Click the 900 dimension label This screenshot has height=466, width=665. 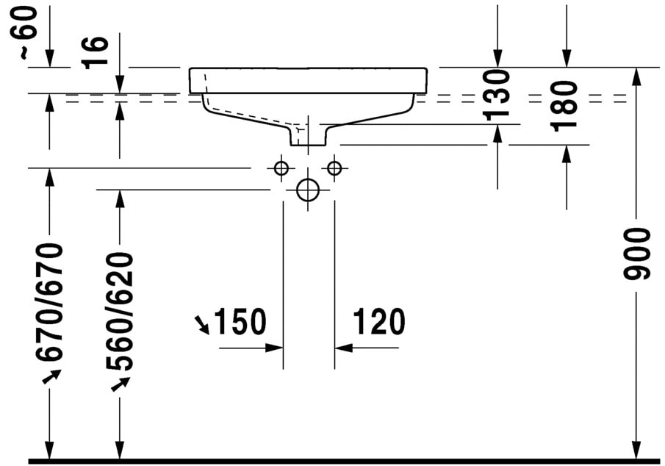(637, 254)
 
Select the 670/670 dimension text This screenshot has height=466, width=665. (51, 302)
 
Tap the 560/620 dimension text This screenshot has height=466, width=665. (119, 311)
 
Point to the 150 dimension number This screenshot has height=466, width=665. (238, 322)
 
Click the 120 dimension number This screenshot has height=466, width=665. (378, 322)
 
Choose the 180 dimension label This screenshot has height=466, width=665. (566, 105)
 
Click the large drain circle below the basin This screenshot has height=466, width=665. (307, 190)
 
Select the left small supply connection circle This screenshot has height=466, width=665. (281, 168)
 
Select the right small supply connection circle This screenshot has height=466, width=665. (334, 168)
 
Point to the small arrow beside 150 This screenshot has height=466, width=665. (201, 323)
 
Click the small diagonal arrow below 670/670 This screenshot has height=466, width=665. (51, 377)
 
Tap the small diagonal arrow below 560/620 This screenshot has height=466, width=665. (120, 384)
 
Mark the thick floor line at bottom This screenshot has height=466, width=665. (345, 461)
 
